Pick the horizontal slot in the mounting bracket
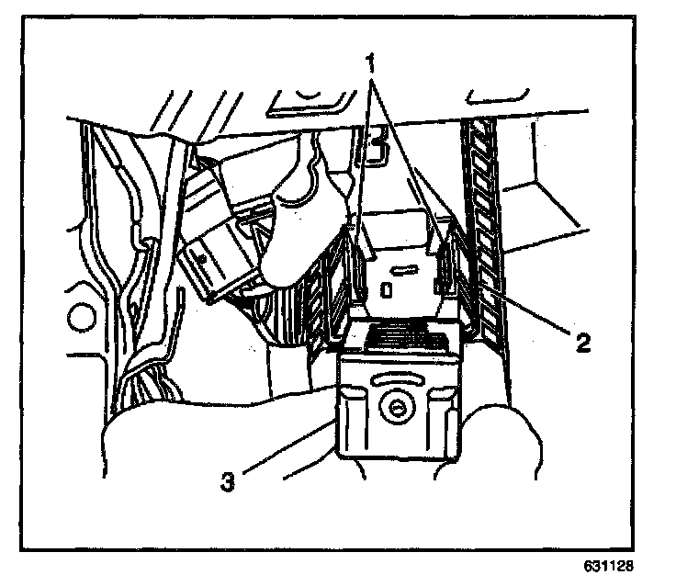point(401,271)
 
